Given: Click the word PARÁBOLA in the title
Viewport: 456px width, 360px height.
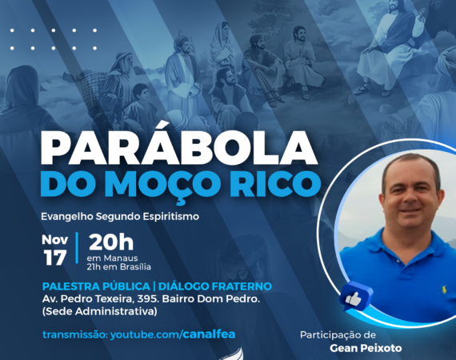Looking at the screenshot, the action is (178, 147).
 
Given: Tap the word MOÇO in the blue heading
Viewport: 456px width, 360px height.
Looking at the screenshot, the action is (166, 185).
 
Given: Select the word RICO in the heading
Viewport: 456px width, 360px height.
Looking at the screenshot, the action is (275, 184).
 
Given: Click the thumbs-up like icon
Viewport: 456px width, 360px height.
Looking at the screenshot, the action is (355, 297).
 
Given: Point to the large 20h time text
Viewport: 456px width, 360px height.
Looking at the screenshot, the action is (111, 242).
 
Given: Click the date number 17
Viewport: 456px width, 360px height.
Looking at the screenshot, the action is (55, 258).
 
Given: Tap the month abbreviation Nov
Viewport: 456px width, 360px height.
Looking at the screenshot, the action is (55, 240).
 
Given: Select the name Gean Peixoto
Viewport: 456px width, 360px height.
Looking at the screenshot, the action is (366, 348).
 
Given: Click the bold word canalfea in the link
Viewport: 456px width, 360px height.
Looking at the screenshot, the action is (209, 334).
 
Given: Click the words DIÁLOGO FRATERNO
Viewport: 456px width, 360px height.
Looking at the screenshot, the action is (215, 286).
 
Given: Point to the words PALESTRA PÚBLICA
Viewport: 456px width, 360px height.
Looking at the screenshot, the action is (96, 286).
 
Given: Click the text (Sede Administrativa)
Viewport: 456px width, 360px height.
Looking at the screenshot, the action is (100, 311).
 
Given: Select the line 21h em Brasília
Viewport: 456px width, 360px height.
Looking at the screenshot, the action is (118, 267).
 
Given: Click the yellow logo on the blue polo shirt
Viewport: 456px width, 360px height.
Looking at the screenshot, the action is (444, 290).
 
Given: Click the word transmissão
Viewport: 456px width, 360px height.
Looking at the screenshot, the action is (75, 334).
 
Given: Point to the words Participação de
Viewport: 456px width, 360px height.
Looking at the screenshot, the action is (338, 335).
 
